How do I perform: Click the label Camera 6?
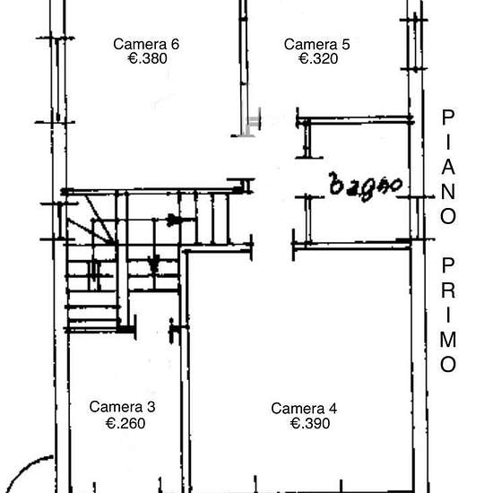(146, 44)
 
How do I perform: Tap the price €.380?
(148, 58)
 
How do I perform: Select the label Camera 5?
(317, 44)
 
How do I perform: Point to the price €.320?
(318, 58)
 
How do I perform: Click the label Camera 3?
(122, 407)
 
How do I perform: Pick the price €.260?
(125, 423)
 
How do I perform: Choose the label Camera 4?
(304, 409)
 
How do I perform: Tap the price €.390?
(310, 423)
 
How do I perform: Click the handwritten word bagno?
(366, 186)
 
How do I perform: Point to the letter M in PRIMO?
(448, 339)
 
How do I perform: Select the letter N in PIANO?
(448, 192)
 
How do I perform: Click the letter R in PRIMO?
(448, 290)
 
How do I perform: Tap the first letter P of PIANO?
(448, 117)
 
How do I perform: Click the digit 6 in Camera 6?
(175, 44)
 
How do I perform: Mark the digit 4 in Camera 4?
(333, 409)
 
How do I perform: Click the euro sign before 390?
(296, 423)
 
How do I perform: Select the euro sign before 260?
(110, 423)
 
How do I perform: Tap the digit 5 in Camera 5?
(346, 44)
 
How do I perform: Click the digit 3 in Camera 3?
(151, 407)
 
